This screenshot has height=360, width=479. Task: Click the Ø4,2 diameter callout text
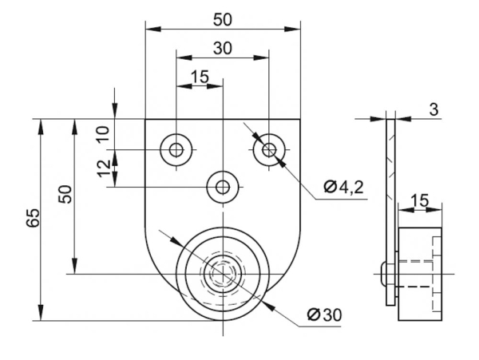point(344,188)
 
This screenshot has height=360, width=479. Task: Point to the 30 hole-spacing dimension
point(223,48)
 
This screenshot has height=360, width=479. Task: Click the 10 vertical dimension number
point(102,133)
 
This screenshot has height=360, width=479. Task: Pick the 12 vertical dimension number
point(102,168)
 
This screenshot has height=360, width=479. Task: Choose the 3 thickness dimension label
point(433,109)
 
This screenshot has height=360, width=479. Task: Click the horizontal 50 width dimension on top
point(223,18)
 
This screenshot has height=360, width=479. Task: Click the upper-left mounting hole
point(175,148)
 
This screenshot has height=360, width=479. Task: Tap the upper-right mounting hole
point(270,148)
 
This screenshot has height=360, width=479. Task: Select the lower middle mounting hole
point(223,187)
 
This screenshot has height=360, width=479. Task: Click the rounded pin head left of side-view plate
point(384,275)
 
